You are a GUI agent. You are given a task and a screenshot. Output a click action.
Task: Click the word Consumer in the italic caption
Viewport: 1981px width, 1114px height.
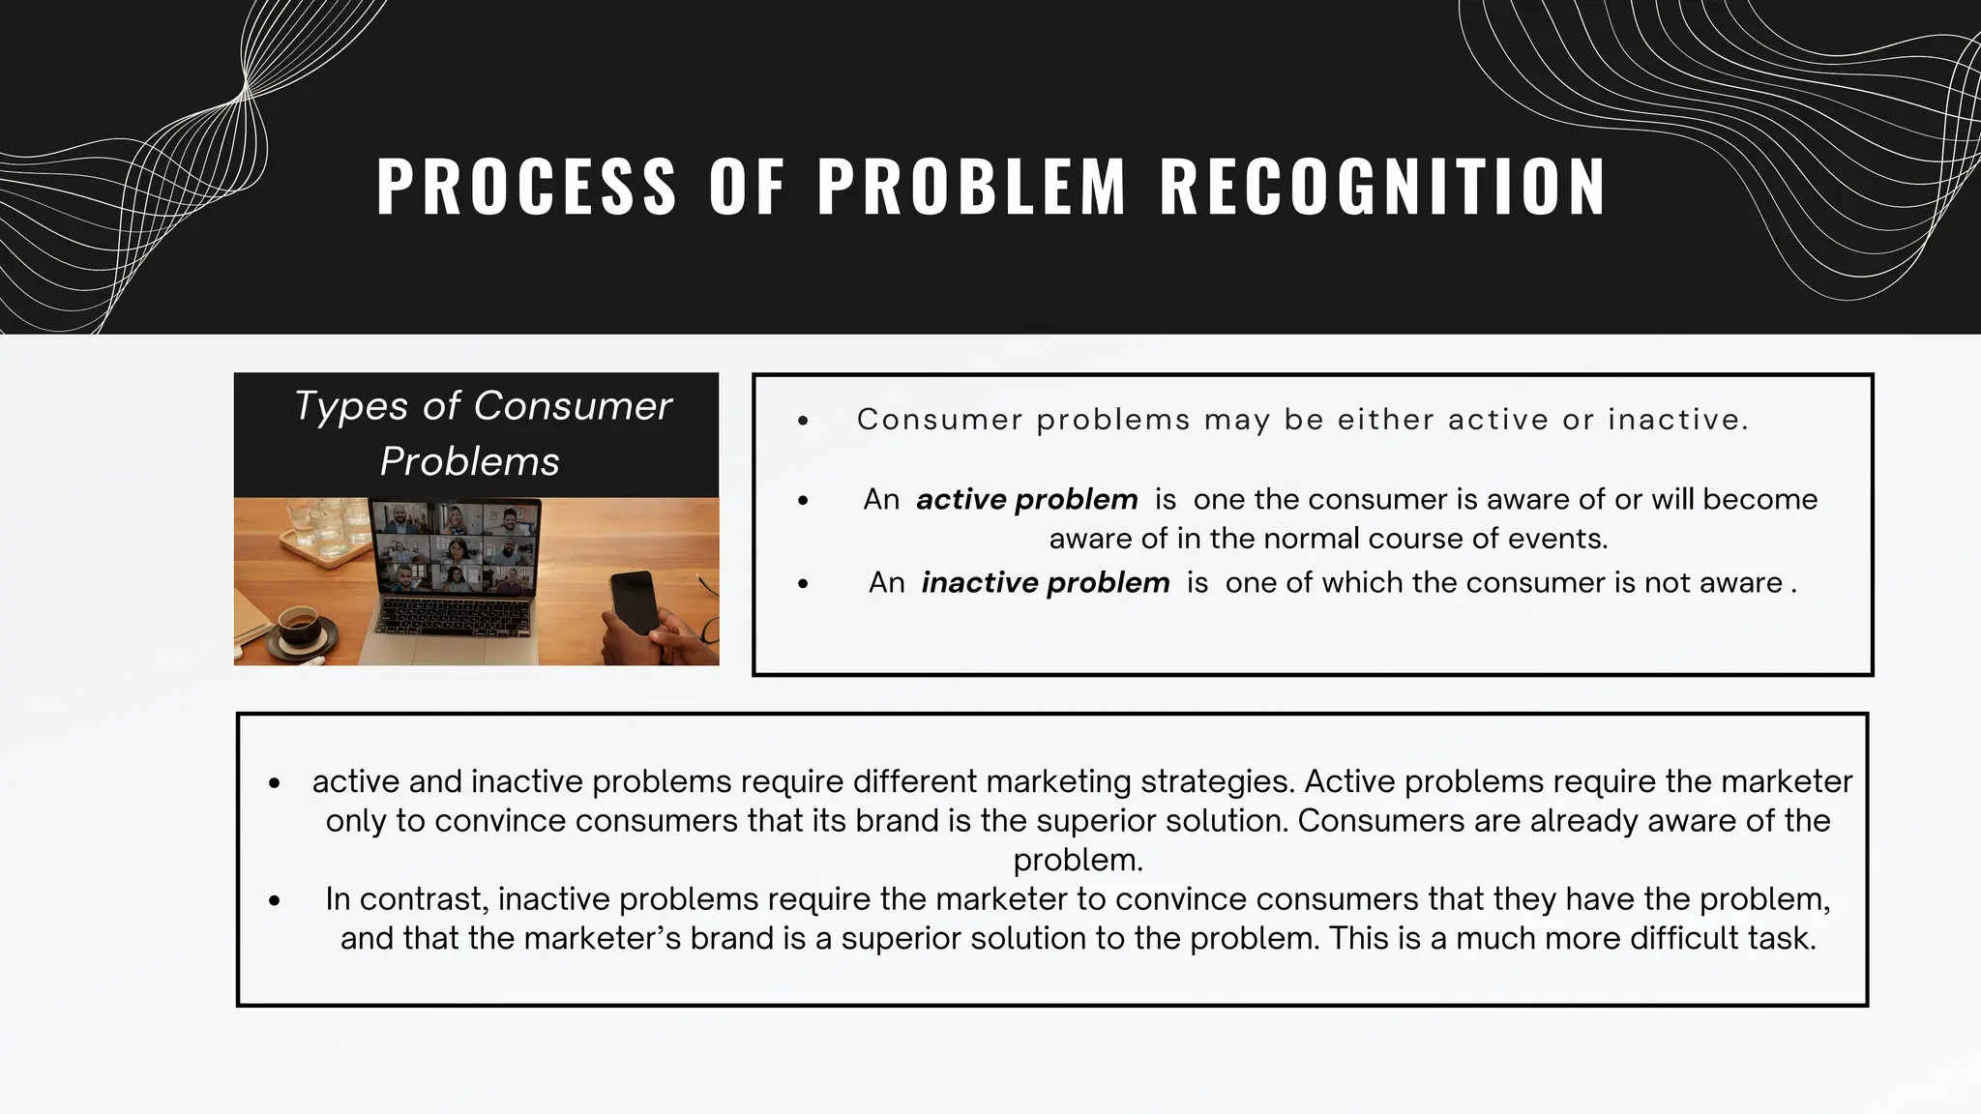pos(573,406)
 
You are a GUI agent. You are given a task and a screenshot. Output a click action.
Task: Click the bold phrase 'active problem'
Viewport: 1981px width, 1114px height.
pos(1026,499)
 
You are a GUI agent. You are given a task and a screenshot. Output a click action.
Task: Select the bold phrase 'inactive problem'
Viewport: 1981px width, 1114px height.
pos(1045,582)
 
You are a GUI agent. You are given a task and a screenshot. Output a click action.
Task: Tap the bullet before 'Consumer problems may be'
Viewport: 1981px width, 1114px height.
pos(803,421)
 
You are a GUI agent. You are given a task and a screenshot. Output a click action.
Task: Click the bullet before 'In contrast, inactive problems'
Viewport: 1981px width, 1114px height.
pos(275,900)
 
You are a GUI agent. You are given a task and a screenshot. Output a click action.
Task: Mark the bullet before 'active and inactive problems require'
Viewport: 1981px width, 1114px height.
pos(275,783)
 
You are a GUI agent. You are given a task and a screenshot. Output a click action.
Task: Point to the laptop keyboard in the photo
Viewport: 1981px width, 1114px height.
pos(453,618)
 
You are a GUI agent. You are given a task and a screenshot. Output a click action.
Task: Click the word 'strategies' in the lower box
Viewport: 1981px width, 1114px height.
pos(1217,781)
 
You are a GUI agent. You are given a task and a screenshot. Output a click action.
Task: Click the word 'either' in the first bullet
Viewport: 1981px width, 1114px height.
pos(1385,420)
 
